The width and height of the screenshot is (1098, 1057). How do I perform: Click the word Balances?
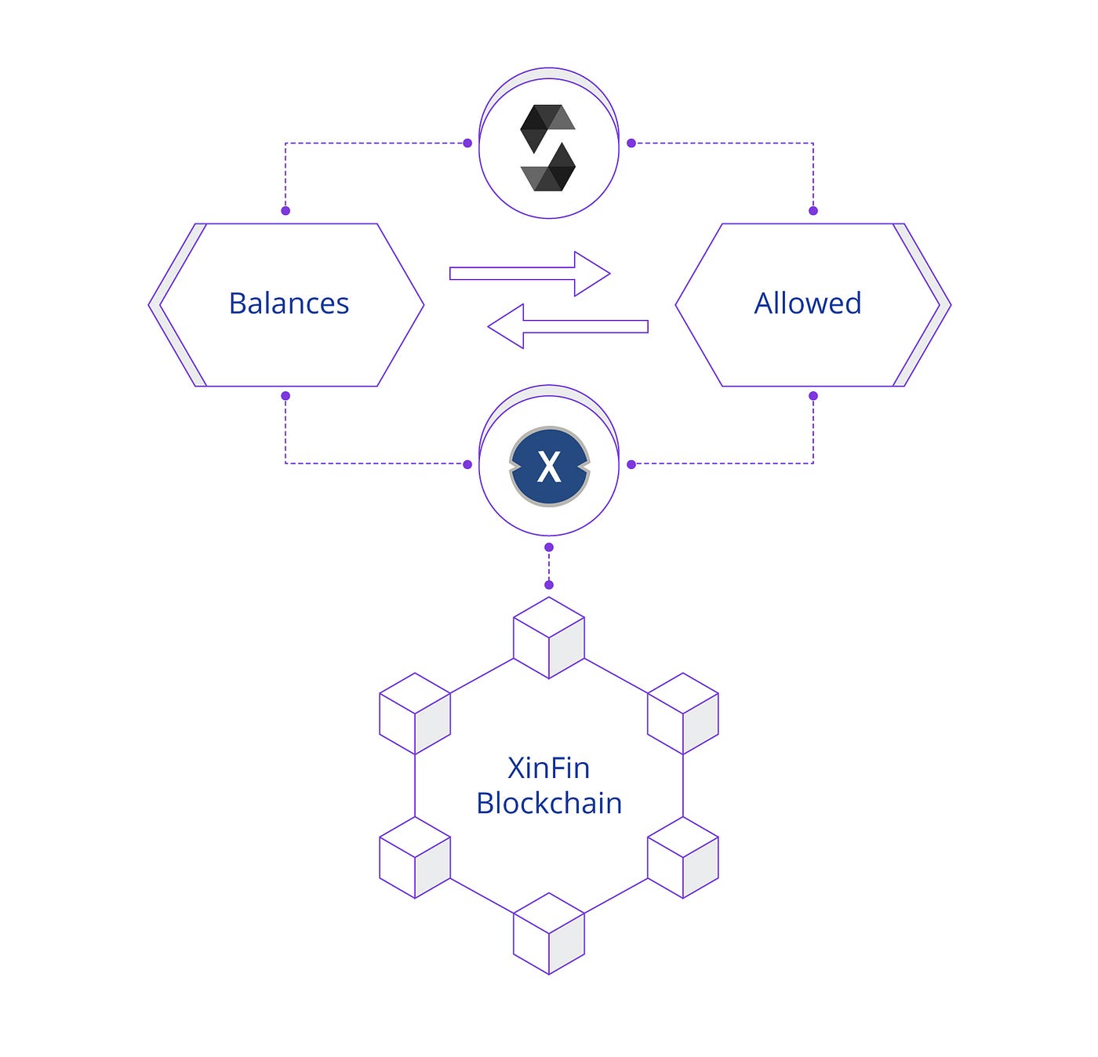[289, 303]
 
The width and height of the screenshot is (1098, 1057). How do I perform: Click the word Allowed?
[808, 303]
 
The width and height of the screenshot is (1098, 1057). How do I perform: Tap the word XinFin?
[548, 768]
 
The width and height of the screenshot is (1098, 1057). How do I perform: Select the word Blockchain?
[549, 803]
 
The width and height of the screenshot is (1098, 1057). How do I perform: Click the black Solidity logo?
[548, 148]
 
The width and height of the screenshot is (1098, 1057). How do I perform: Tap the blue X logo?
[549, 467]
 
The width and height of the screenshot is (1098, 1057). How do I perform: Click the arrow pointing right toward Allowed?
[529, 274]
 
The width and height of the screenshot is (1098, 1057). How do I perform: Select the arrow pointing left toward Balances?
[568, 326]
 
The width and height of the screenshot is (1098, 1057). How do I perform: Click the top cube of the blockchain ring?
[549, 637]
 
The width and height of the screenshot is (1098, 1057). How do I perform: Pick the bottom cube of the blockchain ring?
[549, 933]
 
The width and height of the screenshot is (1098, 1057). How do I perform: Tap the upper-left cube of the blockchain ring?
[415, 714]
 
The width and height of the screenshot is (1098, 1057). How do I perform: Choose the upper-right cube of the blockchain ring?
[683, 714]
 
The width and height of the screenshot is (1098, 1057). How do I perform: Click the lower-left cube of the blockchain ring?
[415, 857]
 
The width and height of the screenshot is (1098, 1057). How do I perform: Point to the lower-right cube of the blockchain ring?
[683, 857]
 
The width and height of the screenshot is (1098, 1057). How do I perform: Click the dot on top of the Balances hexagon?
[285, 211]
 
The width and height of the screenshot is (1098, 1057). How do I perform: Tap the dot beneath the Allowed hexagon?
[813, 396]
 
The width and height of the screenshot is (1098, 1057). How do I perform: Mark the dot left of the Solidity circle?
[467, 143]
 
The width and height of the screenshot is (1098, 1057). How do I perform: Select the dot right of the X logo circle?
[631, 464]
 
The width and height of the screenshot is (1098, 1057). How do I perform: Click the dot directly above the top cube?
[549, 585]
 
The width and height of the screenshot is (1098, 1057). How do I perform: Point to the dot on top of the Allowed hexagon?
[813, 211]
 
